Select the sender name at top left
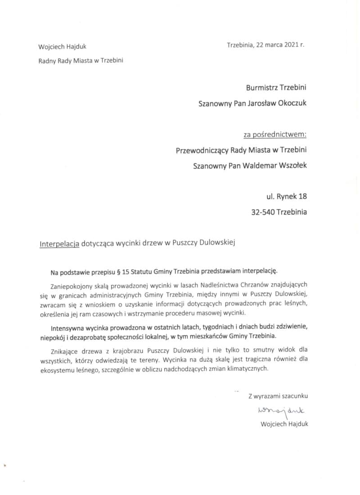pos(63,46)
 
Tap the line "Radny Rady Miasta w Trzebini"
pos(81,61)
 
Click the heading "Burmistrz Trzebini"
pos(276,87)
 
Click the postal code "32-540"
pos(263,212)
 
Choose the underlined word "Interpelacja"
pos(59,243)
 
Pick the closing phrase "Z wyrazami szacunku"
pos(278,396)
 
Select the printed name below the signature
pos(284,424)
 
